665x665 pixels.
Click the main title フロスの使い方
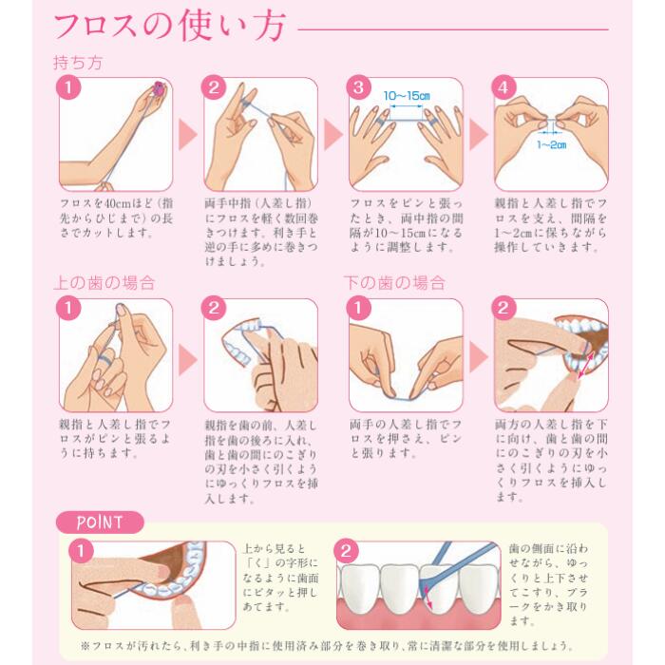tap(170, 27)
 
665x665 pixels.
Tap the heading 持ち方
tap(78, 63)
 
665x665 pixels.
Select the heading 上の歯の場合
tap(104, 283)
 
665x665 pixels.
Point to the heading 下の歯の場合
tap(394, 283)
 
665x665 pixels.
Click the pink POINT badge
tap(100, 522)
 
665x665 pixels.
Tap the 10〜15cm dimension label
tap(407, 96)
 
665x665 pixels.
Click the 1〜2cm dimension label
tap(551, 145)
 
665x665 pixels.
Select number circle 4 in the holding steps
tap(503, 87)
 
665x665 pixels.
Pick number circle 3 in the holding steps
tap(358, 87)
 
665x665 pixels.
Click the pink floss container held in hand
tap(159, 89)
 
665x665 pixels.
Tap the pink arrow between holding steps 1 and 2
tap(188, 135)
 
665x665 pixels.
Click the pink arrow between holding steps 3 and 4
tap(479, 135)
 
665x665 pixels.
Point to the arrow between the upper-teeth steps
tap(188, 360)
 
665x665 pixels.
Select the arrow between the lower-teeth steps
tap(479, 357)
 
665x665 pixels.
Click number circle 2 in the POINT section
tap(346, 551)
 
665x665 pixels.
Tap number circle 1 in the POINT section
tap(81, 551)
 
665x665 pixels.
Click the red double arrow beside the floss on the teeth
tap(428, 598)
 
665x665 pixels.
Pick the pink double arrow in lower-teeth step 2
tap(585, 363)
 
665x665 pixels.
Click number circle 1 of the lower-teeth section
tap(358, 308)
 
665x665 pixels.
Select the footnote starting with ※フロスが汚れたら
tap(327, 646)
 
